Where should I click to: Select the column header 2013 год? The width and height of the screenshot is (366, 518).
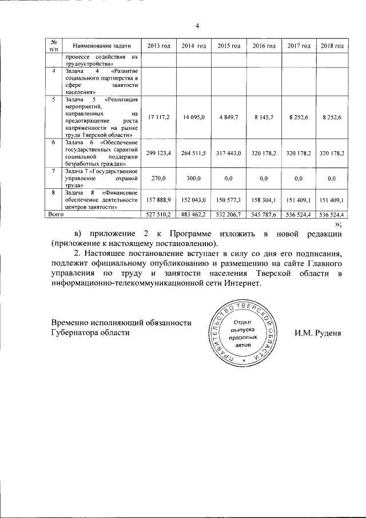(157, 45)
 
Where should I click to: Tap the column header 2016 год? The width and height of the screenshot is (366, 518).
(264, 45)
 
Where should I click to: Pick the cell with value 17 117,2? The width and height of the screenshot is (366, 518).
(157, 117)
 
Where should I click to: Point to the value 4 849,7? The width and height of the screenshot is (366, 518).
(228, 117)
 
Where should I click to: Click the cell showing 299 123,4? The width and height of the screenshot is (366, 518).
(157, 153)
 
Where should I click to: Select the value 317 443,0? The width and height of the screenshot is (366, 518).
(228, 153)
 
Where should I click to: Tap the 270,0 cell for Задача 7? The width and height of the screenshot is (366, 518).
(157, 179)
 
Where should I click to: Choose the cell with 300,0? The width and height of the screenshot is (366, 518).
(193, 179)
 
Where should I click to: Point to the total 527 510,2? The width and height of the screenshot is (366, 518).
(157, 214)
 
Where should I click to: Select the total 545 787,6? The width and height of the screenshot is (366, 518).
(264, 214)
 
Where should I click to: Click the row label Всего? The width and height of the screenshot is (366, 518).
(55, 214)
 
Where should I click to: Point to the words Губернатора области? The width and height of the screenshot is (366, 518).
(90, 333)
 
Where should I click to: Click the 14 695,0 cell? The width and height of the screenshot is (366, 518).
(193, 117)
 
